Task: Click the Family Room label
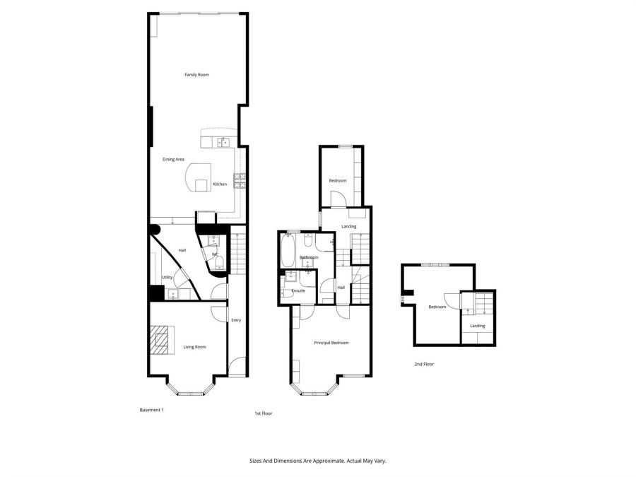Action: click(x=196, y=74)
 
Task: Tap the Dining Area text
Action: click(x=173, y=160)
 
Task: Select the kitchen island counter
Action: click(x=199, y=178)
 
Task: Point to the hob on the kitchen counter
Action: click(x=240, y=180)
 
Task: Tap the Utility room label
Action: click(x=167, y=278)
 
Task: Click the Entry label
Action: click(x=236, y=320)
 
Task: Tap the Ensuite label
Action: click(x=298, y=290)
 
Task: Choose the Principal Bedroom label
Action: click(x=331, y=343)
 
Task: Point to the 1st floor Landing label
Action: click(x=348, y=226)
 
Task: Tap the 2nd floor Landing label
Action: click(x=478, y=326)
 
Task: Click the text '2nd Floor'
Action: click(x=424, y=364)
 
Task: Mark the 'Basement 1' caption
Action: click(x=152, y=410)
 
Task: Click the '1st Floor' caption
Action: click(x=263, y=413)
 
